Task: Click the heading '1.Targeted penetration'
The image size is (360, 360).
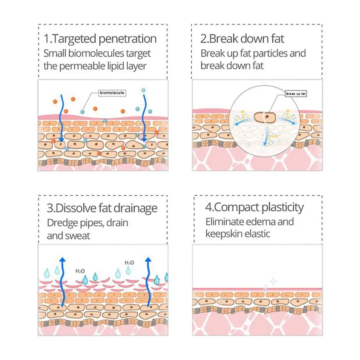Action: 100,39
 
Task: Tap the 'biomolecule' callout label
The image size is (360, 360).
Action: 112,93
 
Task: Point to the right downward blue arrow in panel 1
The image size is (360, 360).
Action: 145,119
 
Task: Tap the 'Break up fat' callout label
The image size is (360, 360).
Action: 295,94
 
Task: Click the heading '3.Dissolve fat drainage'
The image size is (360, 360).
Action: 102,208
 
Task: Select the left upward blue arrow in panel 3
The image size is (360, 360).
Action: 63,282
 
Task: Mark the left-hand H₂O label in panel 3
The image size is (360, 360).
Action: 80,270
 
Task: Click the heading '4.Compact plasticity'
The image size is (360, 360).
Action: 254,208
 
